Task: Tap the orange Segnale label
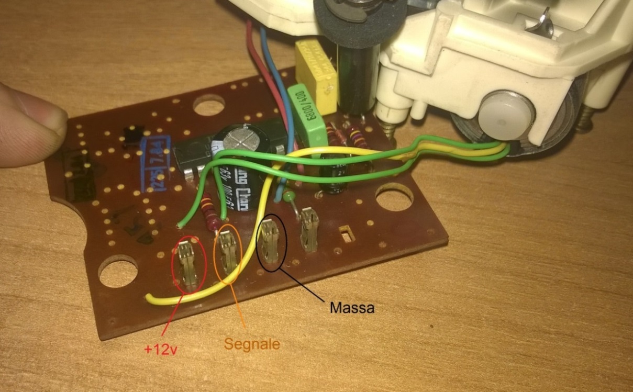click(x=251, y=344)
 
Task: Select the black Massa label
click(x=352, y=307)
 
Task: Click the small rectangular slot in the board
click(x=346, y=232)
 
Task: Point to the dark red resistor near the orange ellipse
click(x=211, y=213)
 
